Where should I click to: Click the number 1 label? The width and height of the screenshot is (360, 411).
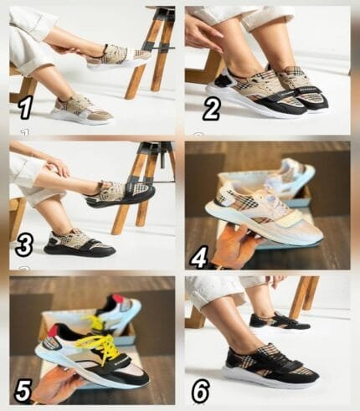(25, 109)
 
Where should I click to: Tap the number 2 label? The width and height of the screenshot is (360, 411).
(211, 109)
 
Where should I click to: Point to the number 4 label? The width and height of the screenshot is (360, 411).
(198, 257)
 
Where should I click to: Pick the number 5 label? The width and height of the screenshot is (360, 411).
(23, 391)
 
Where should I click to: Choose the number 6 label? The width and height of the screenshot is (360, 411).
(200, 390)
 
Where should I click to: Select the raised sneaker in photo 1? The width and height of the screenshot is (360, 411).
(120, 57)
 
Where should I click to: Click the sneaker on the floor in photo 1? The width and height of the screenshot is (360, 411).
(82, 110)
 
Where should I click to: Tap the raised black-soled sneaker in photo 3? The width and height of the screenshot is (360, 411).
(120, 195)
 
